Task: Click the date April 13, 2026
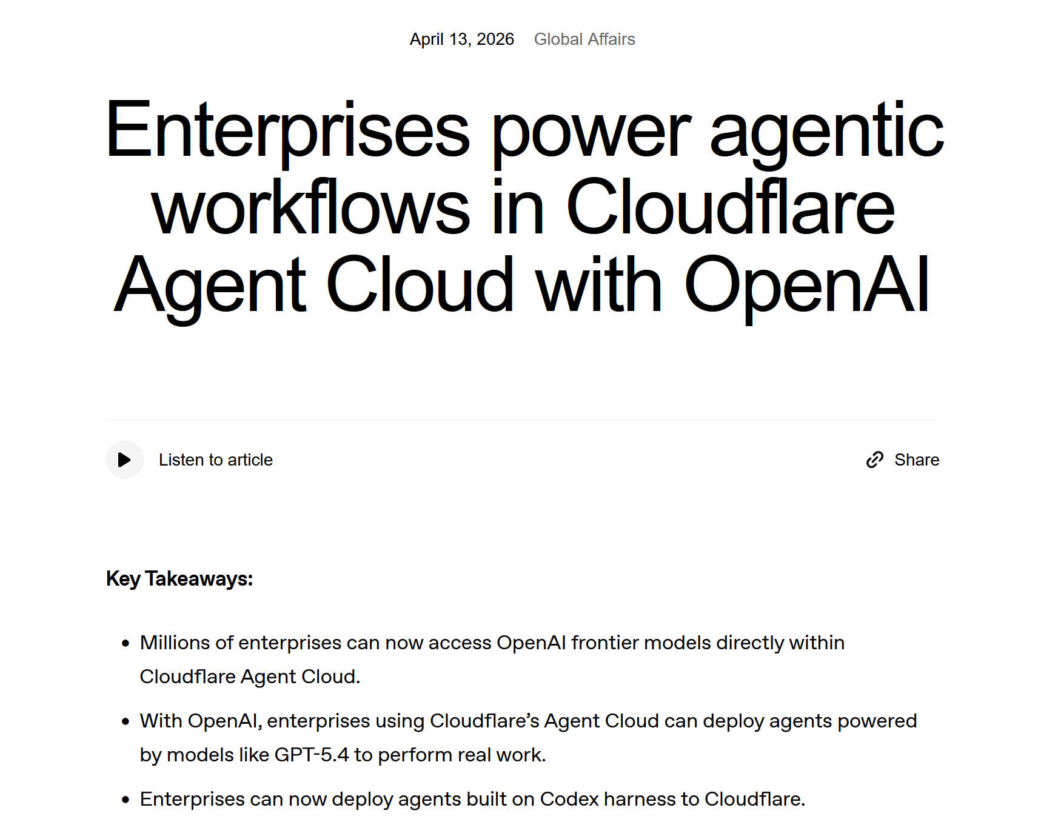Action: (x=461, y=39)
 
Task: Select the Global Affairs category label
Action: (x=584, y=39)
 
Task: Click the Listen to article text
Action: (x=216, y=460)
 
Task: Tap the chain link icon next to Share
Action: (x=874, y=460)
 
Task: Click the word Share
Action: (x=917, y=460)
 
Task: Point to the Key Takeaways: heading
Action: (x=179, y=579)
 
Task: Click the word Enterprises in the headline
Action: (x=288, y=131)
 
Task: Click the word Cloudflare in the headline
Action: (x=730, y=207)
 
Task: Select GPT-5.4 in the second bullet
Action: (x=312, y=755)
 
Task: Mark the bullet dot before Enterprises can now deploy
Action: (x=126, y=800)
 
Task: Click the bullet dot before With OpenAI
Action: (x=126, y=722)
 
